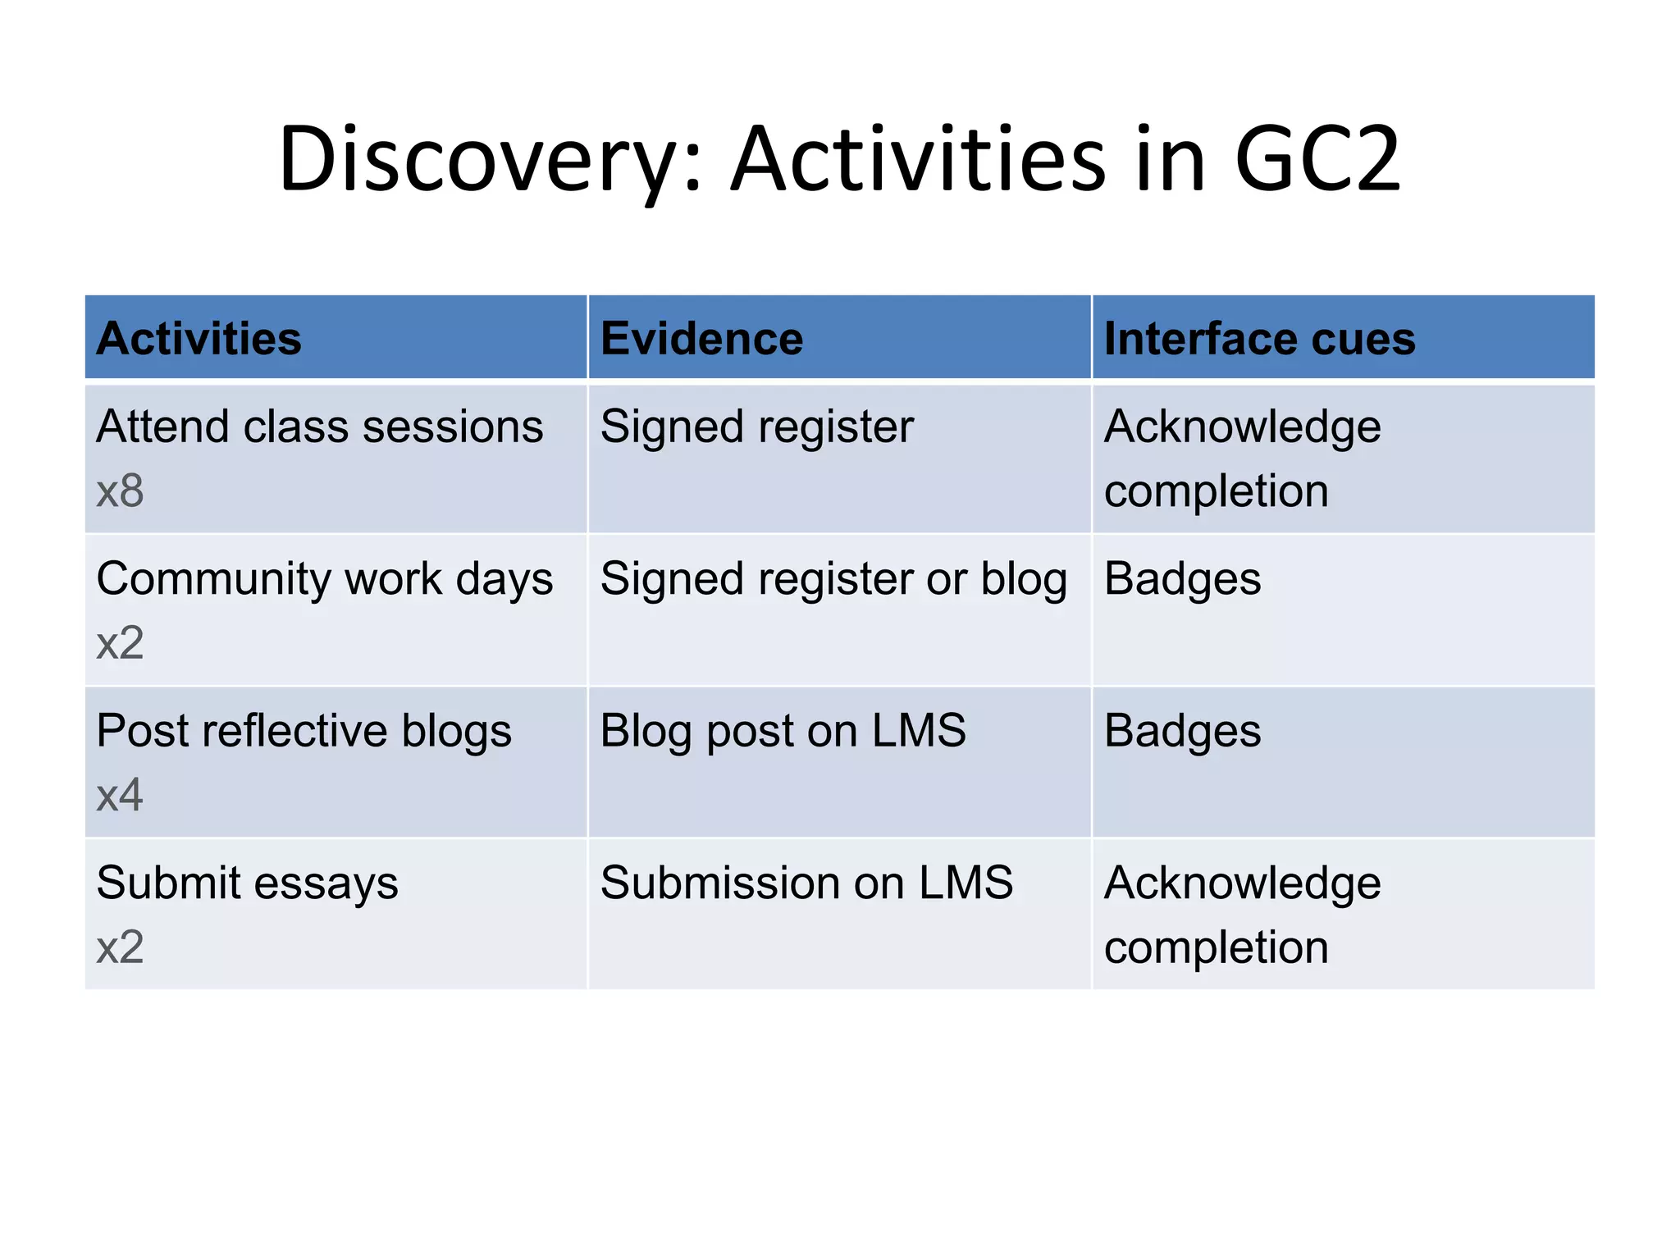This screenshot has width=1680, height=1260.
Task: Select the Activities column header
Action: point(199,339)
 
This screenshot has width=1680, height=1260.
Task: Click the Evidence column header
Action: point(701,339)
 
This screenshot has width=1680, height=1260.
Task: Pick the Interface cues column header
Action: point(1259,339)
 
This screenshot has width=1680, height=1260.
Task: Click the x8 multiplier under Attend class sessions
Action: point(120,491)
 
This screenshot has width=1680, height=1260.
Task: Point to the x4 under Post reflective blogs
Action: point(120,796)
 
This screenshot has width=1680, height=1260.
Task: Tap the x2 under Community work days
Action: point(120,643)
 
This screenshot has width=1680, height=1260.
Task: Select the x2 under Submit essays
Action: point(120,947)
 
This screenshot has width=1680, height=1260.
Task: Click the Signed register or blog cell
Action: point(833,579)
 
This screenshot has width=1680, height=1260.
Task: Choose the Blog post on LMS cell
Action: point(783,731)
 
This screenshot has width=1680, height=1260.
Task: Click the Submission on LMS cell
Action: point(806,883)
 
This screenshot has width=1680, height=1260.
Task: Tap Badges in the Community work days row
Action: point(1182,579)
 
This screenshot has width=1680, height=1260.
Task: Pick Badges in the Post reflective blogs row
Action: point(1182,731)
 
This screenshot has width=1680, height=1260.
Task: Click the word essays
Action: point(326,884)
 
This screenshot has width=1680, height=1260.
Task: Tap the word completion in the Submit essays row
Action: point(1216,948)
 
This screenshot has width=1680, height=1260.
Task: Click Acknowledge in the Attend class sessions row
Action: point(1242,427)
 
